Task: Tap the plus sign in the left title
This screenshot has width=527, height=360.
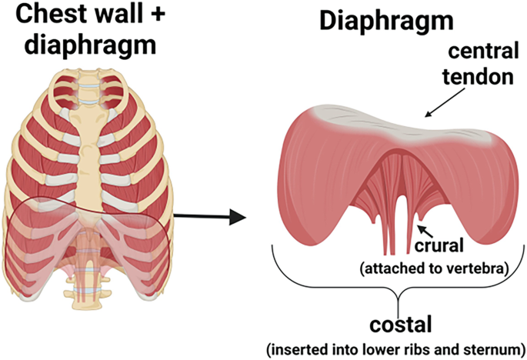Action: click(156, 15)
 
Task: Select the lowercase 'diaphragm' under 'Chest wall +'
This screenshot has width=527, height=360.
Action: click(91, 45)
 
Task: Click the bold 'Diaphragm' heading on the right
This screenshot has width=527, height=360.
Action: click(386, 22)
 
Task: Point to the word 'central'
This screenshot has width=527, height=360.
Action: click(483, 52)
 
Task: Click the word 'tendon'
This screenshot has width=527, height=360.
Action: click(478, 77)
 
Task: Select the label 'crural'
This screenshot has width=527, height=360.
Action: click(439, 245)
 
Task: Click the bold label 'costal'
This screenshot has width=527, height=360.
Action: click(400, 325)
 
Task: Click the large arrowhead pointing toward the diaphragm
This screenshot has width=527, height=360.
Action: click(238, 217)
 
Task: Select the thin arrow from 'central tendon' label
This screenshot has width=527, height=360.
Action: click(445, 103)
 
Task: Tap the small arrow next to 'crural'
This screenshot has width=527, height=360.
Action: click(425, 232)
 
